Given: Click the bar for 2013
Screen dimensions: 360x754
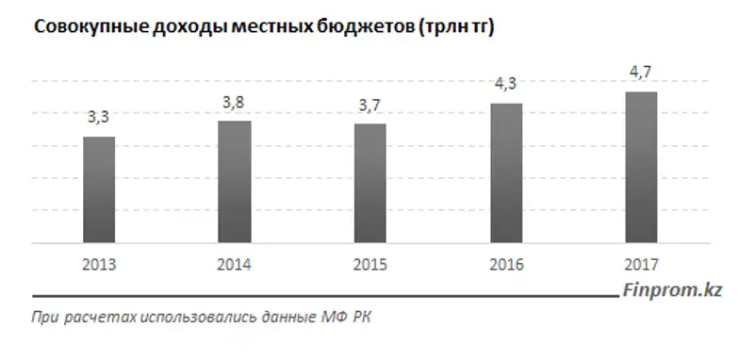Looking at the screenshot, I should click(x=99, y=189).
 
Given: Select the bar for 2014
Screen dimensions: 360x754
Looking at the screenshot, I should click(x=235, y=182).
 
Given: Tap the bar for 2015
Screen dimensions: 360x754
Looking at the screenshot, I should click(x=369, y=183).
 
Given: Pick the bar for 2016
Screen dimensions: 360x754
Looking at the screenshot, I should click(x=505, y=172).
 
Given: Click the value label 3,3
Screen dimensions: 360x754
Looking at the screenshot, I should click(x=99, y=118).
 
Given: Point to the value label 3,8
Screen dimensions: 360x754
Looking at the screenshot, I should click(x=234, y=102).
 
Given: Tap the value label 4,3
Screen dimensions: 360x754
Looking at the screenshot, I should click(x=505, y=84).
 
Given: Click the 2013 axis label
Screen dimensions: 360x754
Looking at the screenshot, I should click(x=99, y=265).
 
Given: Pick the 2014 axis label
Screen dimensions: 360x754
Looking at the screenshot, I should click(x=235, y=265).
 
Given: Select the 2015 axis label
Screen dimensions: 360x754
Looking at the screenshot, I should click(x=369, y=265).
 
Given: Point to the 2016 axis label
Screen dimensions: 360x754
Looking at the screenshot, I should click(x=505, y=265).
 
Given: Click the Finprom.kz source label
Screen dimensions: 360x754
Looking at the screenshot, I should click(x=672, y=292).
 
